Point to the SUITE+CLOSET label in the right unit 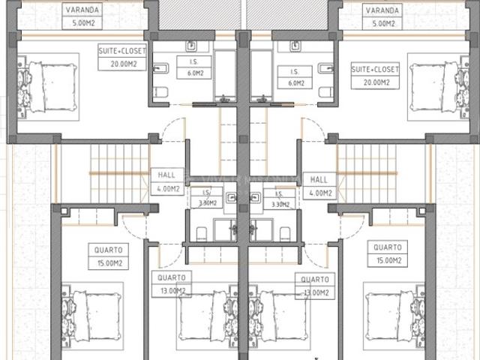click(x=376, y=75)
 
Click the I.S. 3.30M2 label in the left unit click(x=206, y=197)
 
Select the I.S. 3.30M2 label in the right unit click(x=280, y=197)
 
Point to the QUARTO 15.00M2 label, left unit click(x=109, y=256)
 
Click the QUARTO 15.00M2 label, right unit click(x=387, y=252)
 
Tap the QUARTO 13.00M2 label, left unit click(x=172, y=285)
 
